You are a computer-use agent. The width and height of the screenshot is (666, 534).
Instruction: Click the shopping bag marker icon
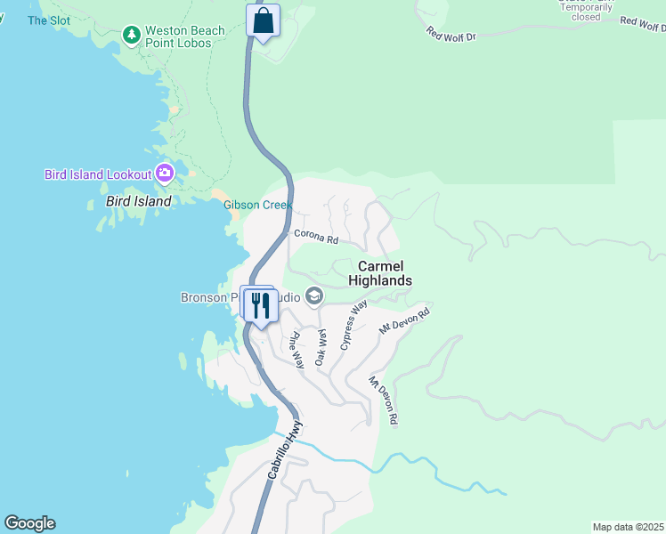coord(263,20)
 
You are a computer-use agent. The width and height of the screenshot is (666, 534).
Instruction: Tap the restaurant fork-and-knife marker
coord(260,306)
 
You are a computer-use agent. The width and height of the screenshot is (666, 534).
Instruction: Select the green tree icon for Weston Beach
coord(132,35)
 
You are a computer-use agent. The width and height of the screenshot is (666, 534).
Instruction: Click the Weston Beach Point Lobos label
coord(185,36)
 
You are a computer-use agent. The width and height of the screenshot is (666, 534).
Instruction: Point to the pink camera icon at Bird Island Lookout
coord(165,173)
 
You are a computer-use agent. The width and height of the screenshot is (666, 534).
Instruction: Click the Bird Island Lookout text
coord(98,174)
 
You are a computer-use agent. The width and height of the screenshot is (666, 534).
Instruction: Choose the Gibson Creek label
coord(257,206)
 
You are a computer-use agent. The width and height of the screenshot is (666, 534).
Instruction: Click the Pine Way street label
coord(295,351)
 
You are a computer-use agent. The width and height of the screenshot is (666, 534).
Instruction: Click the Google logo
coord(29,523)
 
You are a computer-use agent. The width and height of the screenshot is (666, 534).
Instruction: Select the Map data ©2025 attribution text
coord(628,527)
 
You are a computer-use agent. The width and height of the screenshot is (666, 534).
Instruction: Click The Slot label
coord(48,20)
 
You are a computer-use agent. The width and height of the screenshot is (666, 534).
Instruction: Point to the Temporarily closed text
coord(586,12)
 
